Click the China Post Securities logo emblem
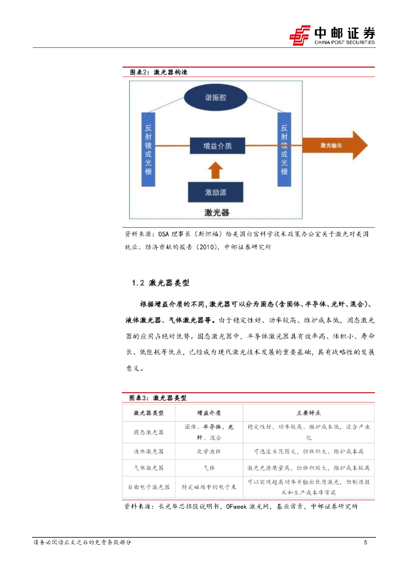click(x=300, y=35)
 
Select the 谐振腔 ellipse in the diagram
click(x=216, y=97)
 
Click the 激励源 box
click(x=216, y=192)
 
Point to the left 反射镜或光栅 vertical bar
click(x=148, y=149)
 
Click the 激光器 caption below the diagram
click(x=216, y=212)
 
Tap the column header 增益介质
click(x=209, y=413)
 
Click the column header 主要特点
click(x=308, y=413)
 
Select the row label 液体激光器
click(x=149, y=451)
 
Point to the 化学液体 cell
click(x=209, y=451)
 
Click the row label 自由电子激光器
click(x=149, y=487)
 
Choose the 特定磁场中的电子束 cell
click(x=209, y=487)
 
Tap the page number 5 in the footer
click(x=366, y=543)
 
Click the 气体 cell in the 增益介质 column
click(x=209, y=468)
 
